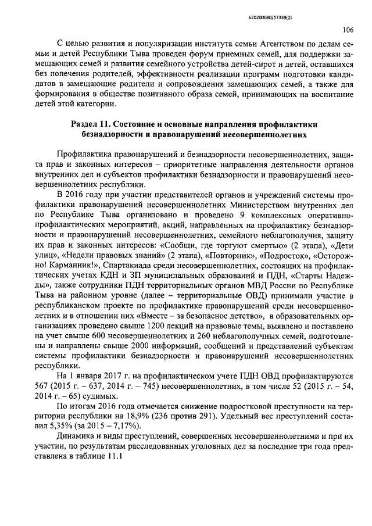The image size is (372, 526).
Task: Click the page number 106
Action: point(348,29)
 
